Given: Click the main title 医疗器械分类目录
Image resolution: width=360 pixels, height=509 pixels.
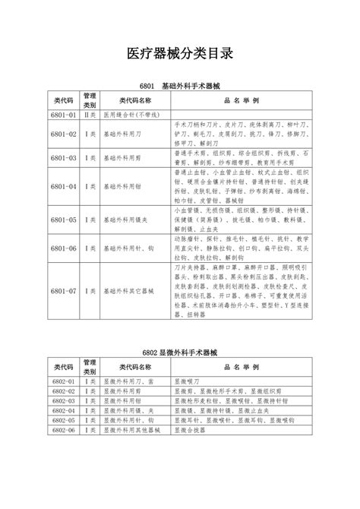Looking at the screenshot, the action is coord(179,55).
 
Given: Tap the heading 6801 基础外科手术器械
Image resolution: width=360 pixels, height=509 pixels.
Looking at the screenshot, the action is coord(179,87).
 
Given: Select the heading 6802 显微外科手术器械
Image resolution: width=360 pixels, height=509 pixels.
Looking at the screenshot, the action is coord(179,353).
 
